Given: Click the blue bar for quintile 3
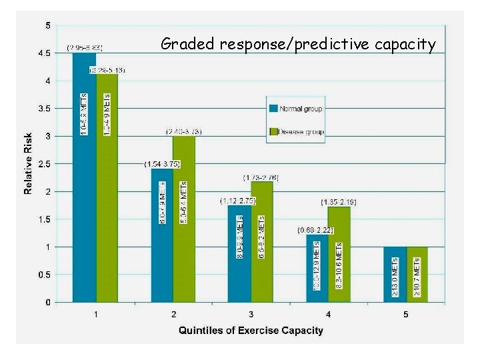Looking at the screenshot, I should pyautogui.click(x=239, y=253).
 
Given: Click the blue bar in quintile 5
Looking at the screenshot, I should pyautogui.click(x=395, y=274).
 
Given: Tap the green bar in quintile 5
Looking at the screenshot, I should pyautogui.click(x=417, y=274).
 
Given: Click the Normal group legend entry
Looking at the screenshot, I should pyautogui.click(x=296, y=108).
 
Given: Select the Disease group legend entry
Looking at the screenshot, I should pyautogui.click(x=296, y=131).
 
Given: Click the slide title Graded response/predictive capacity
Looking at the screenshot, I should pyautogui.click(x=298, y=45).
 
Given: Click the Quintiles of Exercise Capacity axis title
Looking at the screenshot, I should pyautogui.click(x=251, y=330).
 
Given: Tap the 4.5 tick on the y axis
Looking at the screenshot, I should pyautogui.click(x=43, y=53).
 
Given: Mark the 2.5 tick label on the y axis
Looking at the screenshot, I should pyautogui.click(x=43, y=164).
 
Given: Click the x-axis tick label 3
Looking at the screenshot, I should pyautogui.click(x=251, y=314).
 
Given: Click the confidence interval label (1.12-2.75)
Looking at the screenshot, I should pyautogui.click(x=238, y=200).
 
